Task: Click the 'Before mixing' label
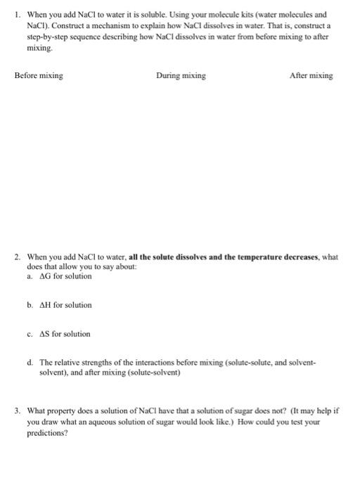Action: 39,76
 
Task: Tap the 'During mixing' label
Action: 181,76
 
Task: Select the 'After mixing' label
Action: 311,76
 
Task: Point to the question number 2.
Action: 17,257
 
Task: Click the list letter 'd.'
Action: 31,363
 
